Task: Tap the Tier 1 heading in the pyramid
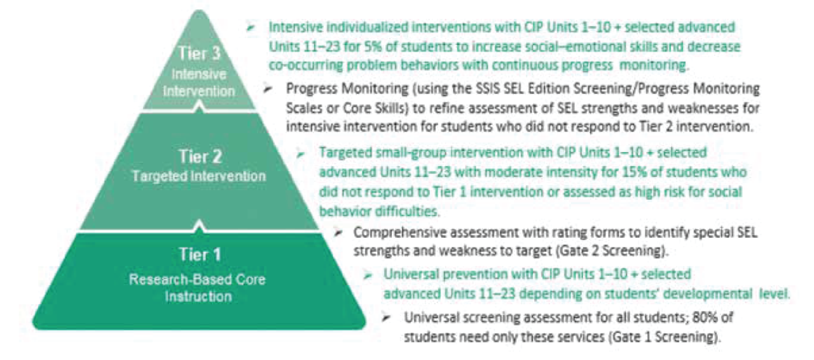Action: point(199,256)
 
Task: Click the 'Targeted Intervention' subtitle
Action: point(198,176)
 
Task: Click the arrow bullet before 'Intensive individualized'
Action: point(252,27)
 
